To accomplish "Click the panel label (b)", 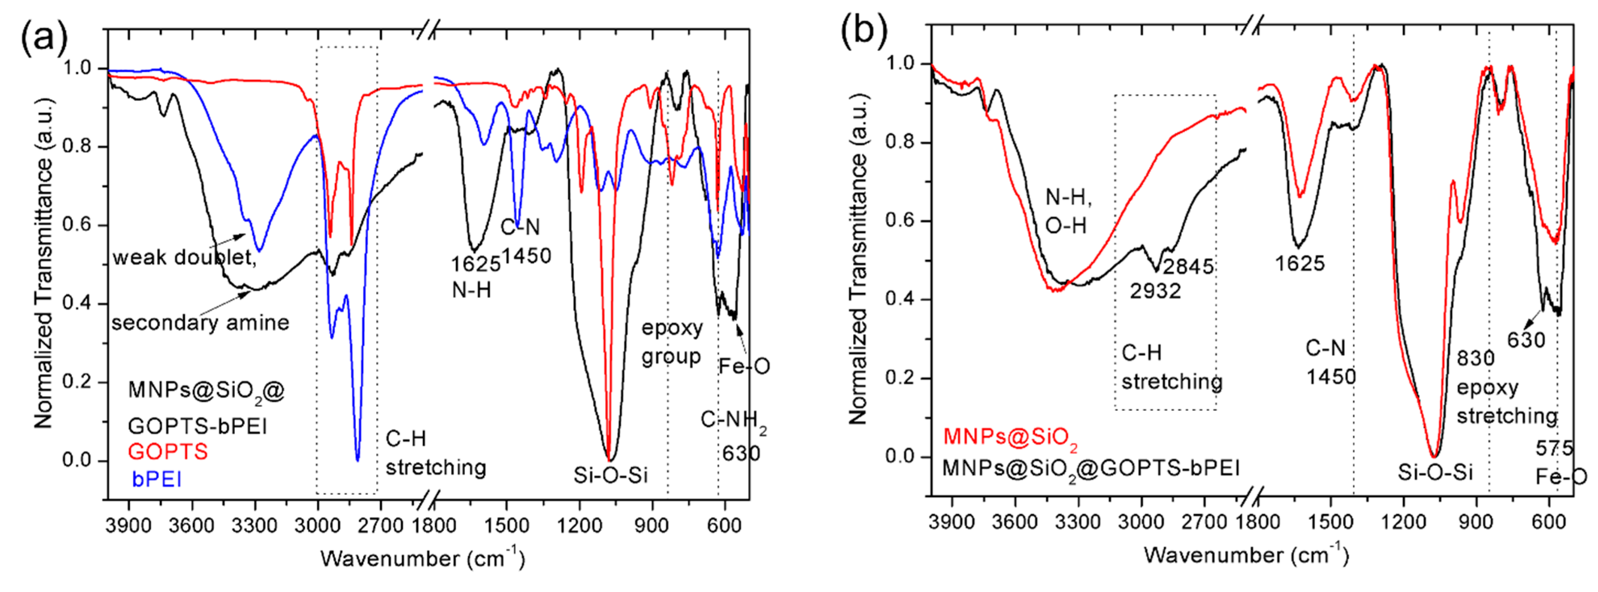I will pos(864,31).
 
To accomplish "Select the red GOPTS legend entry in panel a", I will pos(167,451).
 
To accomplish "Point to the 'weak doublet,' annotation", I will pos(184,256).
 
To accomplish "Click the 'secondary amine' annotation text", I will pos(200,322).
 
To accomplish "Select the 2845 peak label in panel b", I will pos(1188,267).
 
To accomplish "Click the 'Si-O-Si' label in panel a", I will pos(611,475).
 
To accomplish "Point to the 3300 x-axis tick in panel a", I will pos(254,526).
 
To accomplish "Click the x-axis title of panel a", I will pos(423,559).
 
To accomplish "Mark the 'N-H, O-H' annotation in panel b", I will pos(1068,211).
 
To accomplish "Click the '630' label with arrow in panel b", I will pos(1526,340).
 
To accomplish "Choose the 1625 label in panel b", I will pos(1300,263).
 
